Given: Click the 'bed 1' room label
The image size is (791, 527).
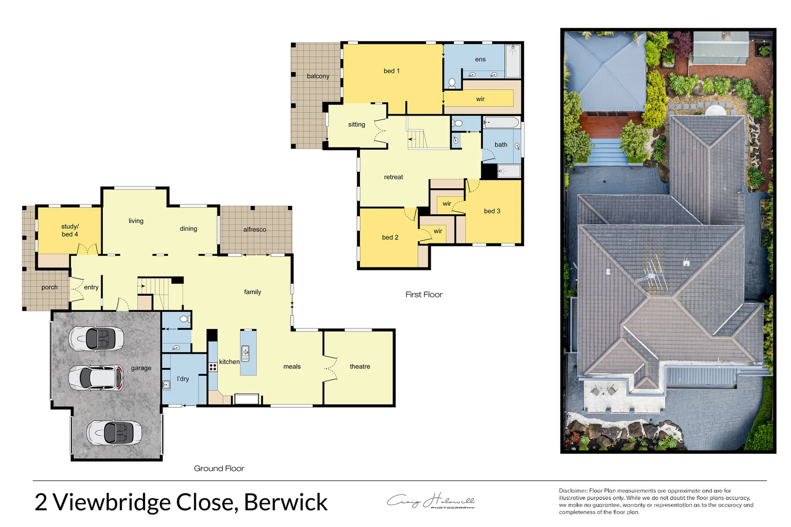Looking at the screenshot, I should click(391, 71).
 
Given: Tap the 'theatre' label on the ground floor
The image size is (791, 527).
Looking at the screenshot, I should click(360, 366).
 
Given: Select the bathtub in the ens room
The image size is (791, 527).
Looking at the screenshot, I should click(513, 61).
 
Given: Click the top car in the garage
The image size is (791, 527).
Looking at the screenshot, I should click(96, 338).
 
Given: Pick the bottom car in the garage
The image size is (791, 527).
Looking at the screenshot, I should click(114, 432).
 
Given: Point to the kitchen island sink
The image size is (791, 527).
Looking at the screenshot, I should click(245, 353).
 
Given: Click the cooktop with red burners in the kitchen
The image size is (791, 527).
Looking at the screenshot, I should click(213, 367).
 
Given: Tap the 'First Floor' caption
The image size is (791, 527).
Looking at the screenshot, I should click(424, 295).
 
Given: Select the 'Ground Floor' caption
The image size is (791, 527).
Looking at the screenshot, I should click(219, 468).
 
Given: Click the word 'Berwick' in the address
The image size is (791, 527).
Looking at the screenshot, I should click(286, 502).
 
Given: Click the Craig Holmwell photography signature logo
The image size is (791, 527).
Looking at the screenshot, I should click(431, 501).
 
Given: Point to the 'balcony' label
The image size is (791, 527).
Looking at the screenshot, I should click(318, 76).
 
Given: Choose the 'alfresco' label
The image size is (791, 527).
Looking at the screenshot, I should click(255, 229).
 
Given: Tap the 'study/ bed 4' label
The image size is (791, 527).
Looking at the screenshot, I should click(70, 230).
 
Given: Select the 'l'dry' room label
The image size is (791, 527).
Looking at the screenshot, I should click(183, 379).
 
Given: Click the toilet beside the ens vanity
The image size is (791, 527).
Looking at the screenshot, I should click(452, 82).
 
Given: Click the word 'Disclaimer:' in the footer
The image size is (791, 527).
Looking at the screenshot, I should click(573, 491).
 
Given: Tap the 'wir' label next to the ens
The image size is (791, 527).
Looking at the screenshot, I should click(480, 99).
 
